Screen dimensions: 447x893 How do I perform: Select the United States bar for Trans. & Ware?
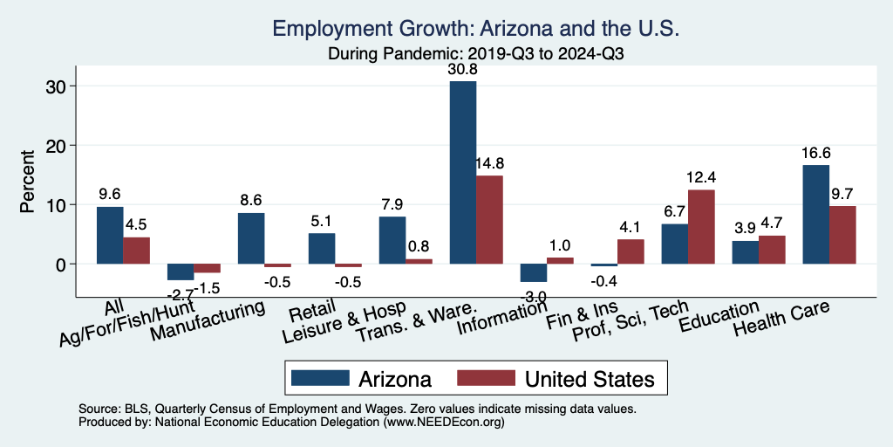(x=489, y=219)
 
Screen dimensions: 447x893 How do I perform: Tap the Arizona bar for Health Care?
(x=815, y=214)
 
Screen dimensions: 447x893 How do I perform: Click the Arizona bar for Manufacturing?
(x=251, y=238)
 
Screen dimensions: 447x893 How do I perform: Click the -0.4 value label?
(x=603, y=282)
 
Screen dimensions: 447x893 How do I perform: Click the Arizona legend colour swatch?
(x=318, y=378)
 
